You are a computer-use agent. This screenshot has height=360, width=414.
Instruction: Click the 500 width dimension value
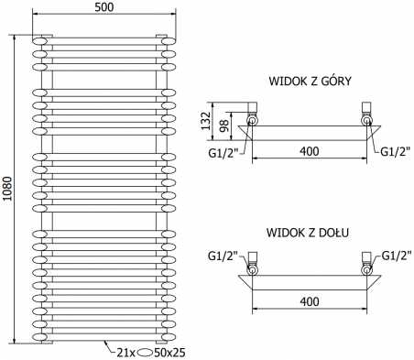point(103,7)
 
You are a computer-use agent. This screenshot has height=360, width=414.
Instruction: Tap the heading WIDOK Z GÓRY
point(310,81)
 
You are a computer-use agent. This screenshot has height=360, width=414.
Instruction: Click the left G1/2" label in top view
point(223,151)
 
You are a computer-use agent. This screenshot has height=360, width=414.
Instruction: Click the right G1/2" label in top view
point(395,151)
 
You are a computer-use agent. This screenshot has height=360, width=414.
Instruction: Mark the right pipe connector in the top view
point(367,116)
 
